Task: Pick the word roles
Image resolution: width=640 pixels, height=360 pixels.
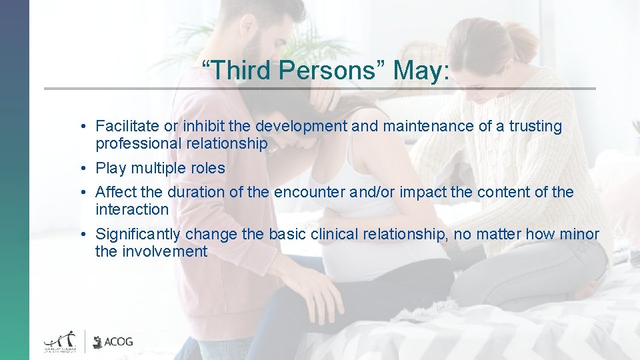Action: tap(208, 168)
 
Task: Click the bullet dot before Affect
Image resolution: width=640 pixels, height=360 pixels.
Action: tap(80, 193)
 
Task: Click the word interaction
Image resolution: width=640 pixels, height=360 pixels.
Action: tap(132, 209)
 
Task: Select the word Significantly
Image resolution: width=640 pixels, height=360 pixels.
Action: tap(138, 235)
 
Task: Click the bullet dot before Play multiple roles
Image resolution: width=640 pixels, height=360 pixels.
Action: tap(80, 169)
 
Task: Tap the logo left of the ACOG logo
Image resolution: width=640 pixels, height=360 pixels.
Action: tap(62, 341)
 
